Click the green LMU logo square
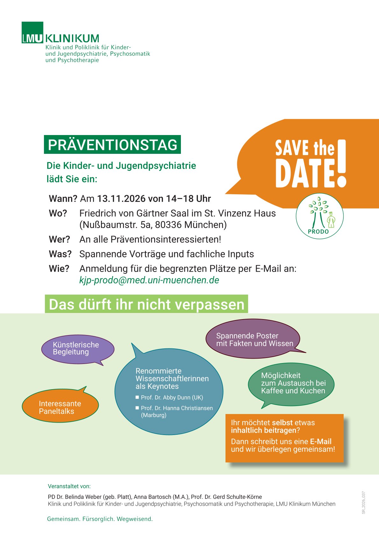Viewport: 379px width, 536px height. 32,32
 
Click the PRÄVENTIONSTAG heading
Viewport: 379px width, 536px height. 112,145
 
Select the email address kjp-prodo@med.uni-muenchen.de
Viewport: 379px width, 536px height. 149,280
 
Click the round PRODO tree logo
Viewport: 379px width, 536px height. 319,216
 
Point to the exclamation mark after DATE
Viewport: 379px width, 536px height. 341,163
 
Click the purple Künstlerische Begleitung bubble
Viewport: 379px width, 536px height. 77,349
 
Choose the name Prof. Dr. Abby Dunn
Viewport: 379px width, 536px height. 172,397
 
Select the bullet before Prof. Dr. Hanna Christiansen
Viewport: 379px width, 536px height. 137,408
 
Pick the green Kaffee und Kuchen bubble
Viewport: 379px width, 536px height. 291,384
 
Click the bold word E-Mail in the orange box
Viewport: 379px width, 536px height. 321,441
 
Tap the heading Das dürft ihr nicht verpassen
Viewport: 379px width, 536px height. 147,304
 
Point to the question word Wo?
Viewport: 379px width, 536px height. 58,213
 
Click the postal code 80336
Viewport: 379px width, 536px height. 168,225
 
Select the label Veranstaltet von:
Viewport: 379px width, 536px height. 69,486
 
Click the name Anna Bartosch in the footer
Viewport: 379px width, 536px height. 152,497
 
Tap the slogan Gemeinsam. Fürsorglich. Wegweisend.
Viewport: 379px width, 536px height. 100,519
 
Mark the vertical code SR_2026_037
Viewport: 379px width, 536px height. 364,503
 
